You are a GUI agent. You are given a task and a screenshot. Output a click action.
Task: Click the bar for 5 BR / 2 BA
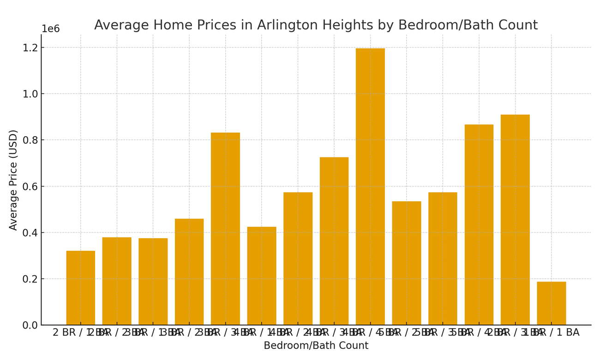(x=407, y=263)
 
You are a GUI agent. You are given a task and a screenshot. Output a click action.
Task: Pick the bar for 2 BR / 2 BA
(x=117, y=281)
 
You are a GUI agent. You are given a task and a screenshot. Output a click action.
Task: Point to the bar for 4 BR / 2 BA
(x=298, y=258)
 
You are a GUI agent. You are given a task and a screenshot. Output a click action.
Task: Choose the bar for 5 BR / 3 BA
(x=443, y=258)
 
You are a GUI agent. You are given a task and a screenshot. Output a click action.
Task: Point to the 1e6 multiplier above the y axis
(x=51, y=29)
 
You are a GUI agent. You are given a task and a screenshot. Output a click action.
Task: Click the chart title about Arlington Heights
(x=316, y=25)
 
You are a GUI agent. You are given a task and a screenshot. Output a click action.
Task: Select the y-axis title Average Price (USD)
(x=13, y=180)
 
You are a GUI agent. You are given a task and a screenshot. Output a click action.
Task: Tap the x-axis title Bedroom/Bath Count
(x=316, y=346)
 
